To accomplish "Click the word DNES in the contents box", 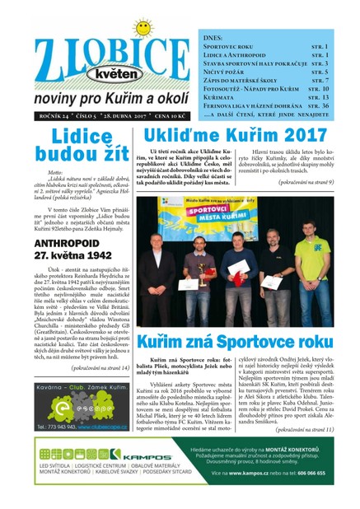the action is point(213,38).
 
